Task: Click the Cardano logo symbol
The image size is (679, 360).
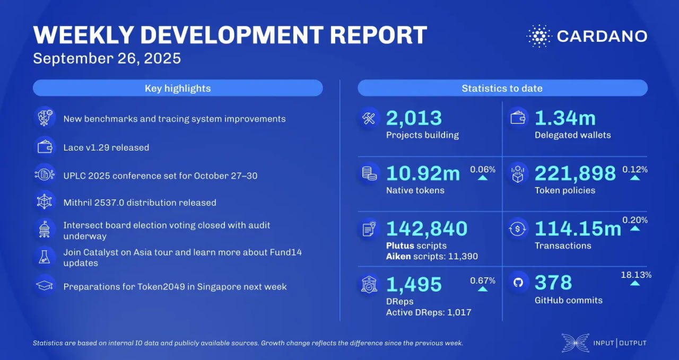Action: click(x=539, y=36)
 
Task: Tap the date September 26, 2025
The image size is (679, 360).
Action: click(x=107, y=58)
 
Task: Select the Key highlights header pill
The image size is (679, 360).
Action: click(x=178, y=88)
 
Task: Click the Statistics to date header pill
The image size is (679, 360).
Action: click(x=502, y=88)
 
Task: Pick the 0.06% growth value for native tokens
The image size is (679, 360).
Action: click(x=483, y=170)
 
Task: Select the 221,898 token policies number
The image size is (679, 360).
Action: click(x=575, y=173)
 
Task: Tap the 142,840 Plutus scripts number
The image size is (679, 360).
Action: click(x=426, y=229)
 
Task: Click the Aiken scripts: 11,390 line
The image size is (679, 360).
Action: click(x=432, y=257)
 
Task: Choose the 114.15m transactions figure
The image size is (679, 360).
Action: click(x=578, y=229)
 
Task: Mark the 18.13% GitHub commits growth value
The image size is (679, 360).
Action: click(x=636, y=275)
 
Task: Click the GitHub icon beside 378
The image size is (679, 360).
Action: click(x=518, y=283)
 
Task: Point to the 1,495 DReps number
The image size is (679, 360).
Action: click(x=414, y=284)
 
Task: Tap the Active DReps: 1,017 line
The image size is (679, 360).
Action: click(x=429, y=312)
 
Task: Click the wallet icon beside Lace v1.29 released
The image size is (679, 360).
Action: click(x=45, y=147)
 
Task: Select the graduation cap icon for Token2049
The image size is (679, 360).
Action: click(x=45, y=286)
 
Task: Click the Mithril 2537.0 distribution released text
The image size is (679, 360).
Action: click(x=140, y=203)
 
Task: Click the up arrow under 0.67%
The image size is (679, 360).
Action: click(x=482, y=288)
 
